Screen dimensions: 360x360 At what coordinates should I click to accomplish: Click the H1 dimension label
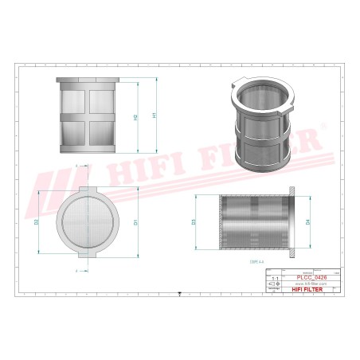point(155,115)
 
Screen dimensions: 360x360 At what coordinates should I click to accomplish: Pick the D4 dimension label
point(307,223)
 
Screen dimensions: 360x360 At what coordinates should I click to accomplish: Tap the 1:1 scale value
point(274,276)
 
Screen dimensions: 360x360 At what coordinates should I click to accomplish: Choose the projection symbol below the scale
point(274,284)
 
